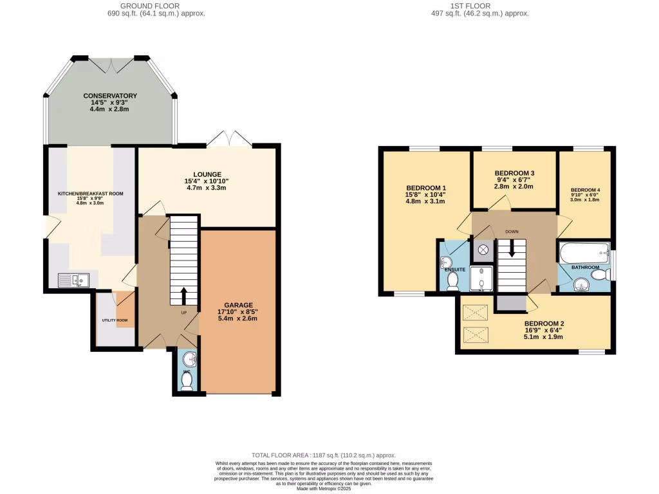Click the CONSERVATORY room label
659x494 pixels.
[x=109, y=96]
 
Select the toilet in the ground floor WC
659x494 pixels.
[x=187, y=381]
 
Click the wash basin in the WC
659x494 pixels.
[x=188, y=359]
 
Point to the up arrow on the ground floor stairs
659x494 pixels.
[x=183, y=296]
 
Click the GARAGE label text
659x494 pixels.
[x=239, y=305]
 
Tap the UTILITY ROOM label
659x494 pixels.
[x=115, y=320]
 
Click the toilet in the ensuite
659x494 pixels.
[x=452, y=280]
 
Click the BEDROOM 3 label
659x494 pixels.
[x=514, y=174]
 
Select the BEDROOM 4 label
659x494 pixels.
[x=585, y=190]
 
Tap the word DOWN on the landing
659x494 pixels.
[x=512, y=232]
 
